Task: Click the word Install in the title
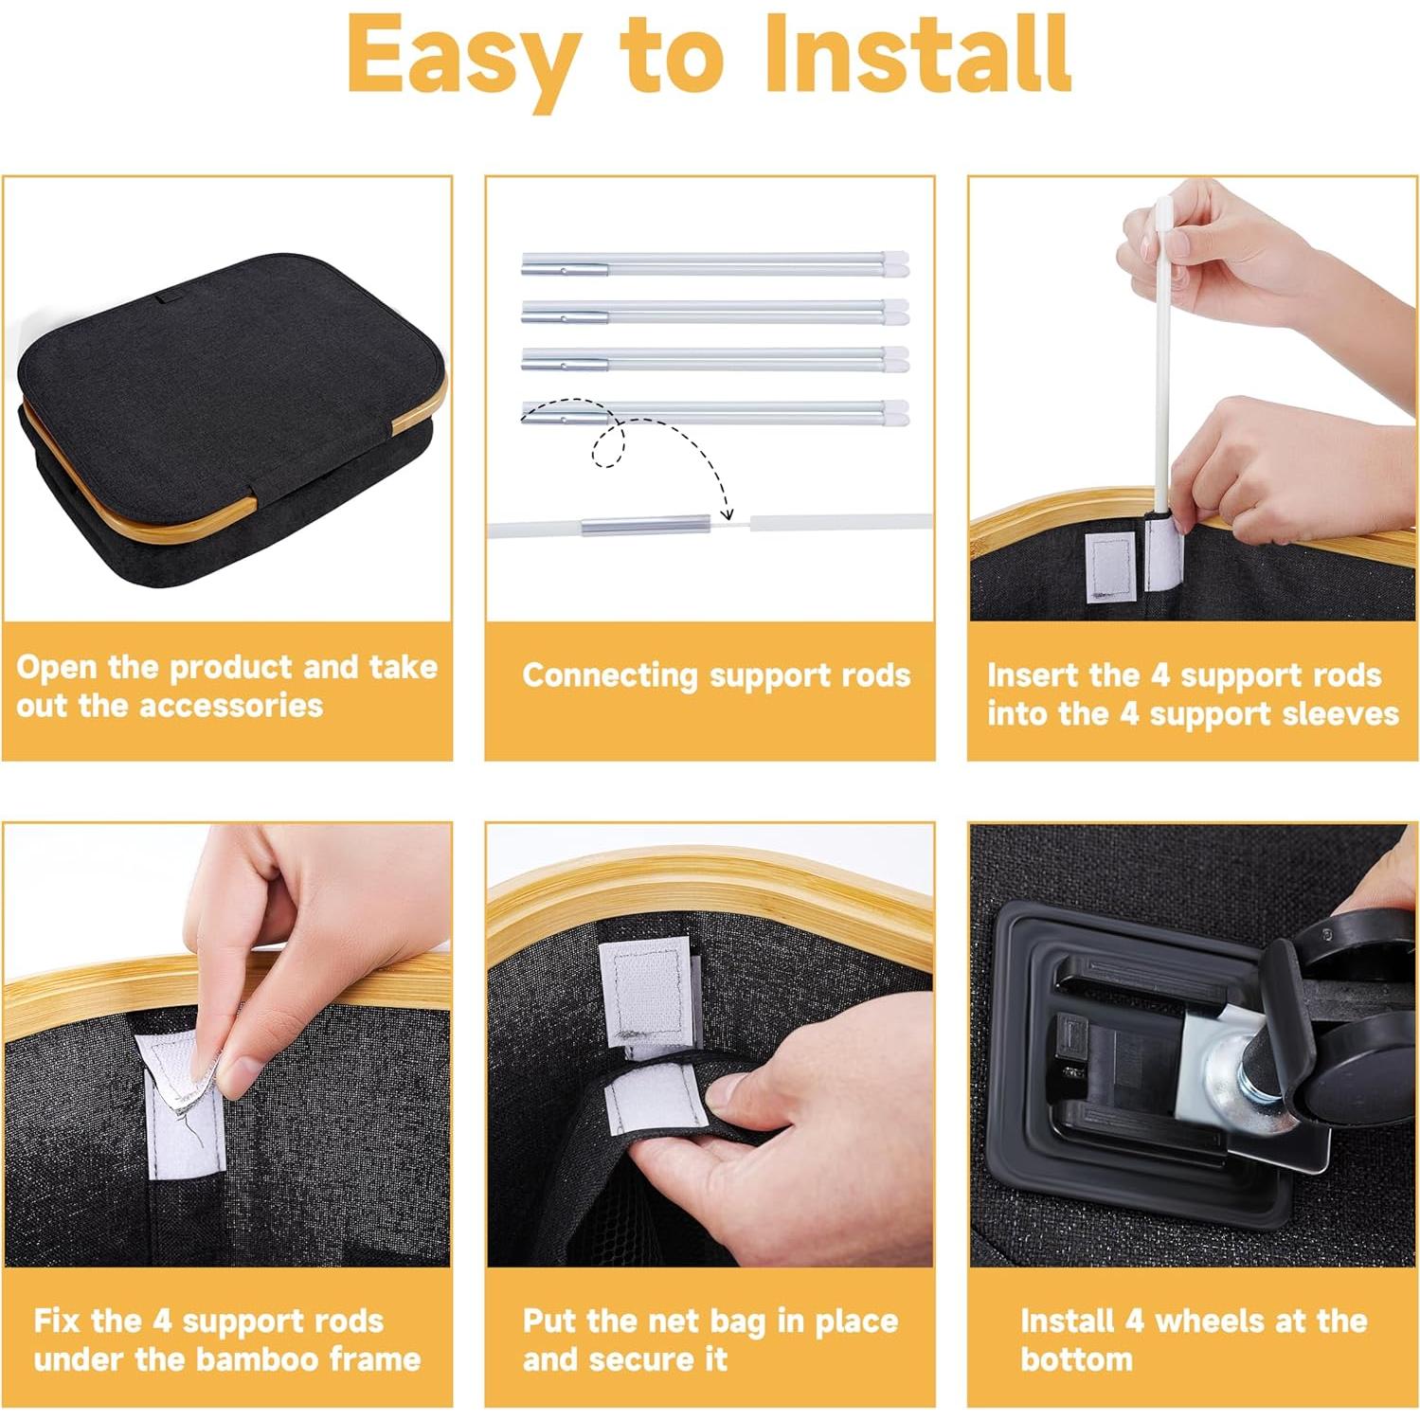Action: coord(919,55)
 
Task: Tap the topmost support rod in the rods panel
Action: coord(715,263)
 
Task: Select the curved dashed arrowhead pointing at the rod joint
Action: coord(727,514)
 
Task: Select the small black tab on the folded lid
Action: coord(172,301)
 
